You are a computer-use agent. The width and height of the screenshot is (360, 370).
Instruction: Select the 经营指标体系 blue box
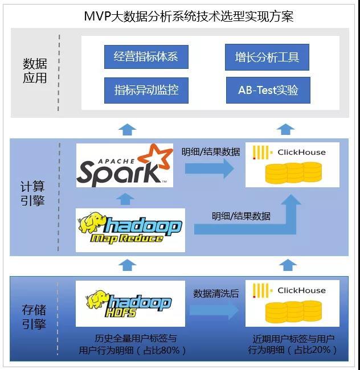coord(146,57)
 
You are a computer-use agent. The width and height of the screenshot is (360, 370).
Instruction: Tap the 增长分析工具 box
coord(267,57)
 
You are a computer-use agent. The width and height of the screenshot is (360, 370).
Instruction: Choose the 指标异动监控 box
coord(146,90)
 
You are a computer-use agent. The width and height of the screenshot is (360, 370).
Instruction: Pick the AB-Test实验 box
coord(268,90)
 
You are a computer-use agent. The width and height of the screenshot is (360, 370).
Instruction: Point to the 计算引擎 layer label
coord(35,194)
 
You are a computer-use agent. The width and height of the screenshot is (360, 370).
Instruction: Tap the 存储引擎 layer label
coord(35,317)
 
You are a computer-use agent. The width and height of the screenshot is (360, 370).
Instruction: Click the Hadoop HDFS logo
coord(130,303)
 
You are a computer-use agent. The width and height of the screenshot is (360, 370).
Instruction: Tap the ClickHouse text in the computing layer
coord(301,153)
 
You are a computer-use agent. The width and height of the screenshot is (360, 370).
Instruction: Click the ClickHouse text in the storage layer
coord(301,290)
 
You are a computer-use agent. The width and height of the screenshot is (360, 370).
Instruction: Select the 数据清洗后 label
coord(215,294)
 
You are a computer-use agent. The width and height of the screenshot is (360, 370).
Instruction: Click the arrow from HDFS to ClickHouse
coord(214,311)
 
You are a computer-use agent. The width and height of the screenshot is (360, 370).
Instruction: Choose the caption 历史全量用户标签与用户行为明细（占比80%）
coord(133,344)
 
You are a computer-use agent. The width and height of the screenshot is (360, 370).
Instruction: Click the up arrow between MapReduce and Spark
coord(127,199)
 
